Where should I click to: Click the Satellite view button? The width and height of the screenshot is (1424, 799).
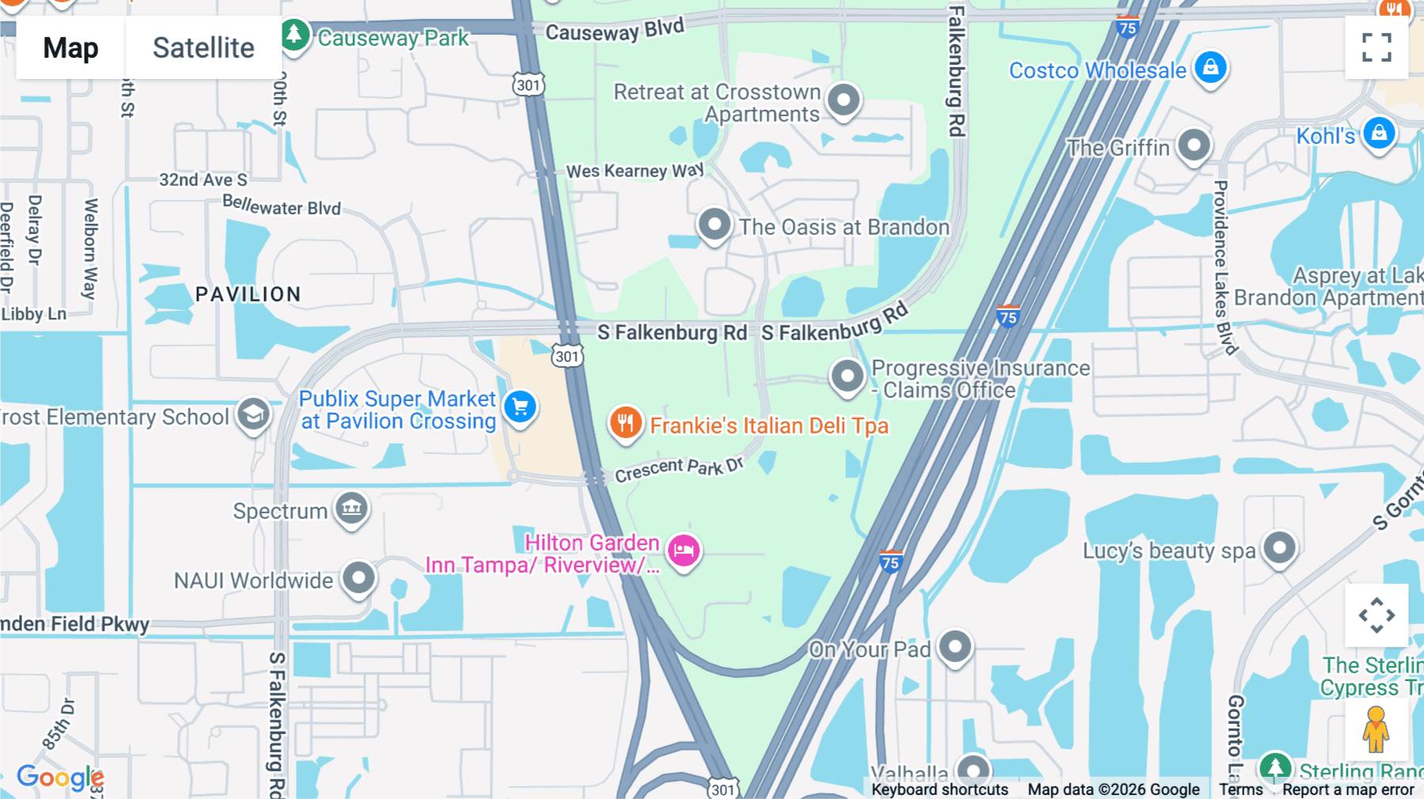203,47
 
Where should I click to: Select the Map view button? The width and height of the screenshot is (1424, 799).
70,47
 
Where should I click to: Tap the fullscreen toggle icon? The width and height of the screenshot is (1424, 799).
1377,47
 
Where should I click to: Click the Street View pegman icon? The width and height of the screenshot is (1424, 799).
1376,729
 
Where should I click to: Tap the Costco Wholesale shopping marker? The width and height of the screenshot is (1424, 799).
1210,68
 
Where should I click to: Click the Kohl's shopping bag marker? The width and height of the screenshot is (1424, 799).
1379,134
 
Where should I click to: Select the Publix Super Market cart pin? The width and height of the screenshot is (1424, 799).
520,407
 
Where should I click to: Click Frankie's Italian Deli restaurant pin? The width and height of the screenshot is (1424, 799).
625,422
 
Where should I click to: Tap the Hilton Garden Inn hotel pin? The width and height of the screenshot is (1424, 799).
684,551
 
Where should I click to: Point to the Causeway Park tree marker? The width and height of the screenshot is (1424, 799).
294,35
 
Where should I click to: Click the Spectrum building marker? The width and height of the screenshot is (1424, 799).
352,508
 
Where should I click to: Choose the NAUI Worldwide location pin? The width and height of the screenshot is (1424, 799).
358,578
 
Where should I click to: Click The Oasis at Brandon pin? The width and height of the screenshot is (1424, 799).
714,225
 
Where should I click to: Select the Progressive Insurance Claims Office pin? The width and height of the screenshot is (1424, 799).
847,376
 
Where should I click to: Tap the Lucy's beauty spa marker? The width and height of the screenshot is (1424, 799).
1279,547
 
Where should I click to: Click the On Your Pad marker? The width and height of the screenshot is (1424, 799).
955,647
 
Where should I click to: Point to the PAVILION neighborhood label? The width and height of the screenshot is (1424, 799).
248,294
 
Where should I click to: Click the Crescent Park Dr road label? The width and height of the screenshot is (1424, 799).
679,468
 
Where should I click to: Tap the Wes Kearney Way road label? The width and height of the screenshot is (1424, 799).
634,171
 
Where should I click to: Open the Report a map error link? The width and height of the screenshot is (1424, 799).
1348,790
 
